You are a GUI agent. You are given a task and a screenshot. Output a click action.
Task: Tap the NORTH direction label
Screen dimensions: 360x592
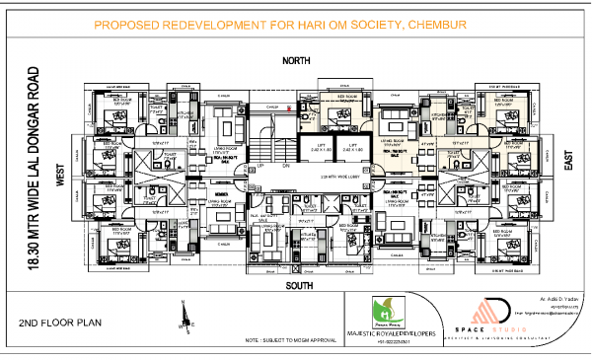pos(296,61)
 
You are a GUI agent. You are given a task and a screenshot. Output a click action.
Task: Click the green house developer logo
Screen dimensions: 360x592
pos(386,310)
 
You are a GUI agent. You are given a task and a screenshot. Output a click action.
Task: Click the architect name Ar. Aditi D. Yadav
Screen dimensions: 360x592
pos(557,297)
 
